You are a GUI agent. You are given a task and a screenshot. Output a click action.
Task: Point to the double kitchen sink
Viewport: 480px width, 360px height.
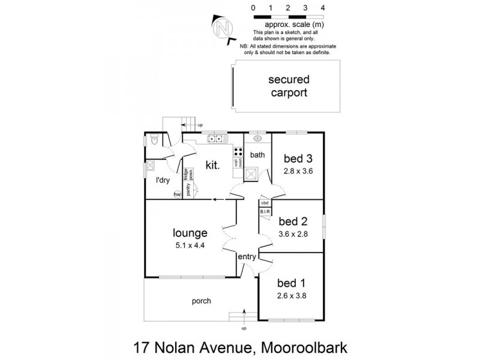point(215,139)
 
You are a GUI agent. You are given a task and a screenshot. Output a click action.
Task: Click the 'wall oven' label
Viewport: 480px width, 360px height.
point(238,162)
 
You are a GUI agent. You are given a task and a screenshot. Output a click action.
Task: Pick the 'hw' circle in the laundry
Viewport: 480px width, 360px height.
point(177,194)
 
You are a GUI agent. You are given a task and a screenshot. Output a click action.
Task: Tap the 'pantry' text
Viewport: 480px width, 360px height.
point(188,190)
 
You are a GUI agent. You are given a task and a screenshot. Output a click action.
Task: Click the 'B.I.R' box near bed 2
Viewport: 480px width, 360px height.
point(265,212)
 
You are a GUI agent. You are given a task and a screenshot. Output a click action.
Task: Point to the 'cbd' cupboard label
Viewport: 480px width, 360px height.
point(265,203)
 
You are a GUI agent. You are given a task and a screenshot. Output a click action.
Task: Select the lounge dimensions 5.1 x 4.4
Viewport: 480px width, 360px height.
point(190,245)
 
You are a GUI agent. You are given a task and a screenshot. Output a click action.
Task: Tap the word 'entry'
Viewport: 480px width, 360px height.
point(247,257)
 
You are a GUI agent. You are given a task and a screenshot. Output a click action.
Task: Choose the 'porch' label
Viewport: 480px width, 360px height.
point(201,301)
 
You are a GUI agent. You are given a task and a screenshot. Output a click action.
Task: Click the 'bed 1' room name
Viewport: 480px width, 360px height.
point(290,282)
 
